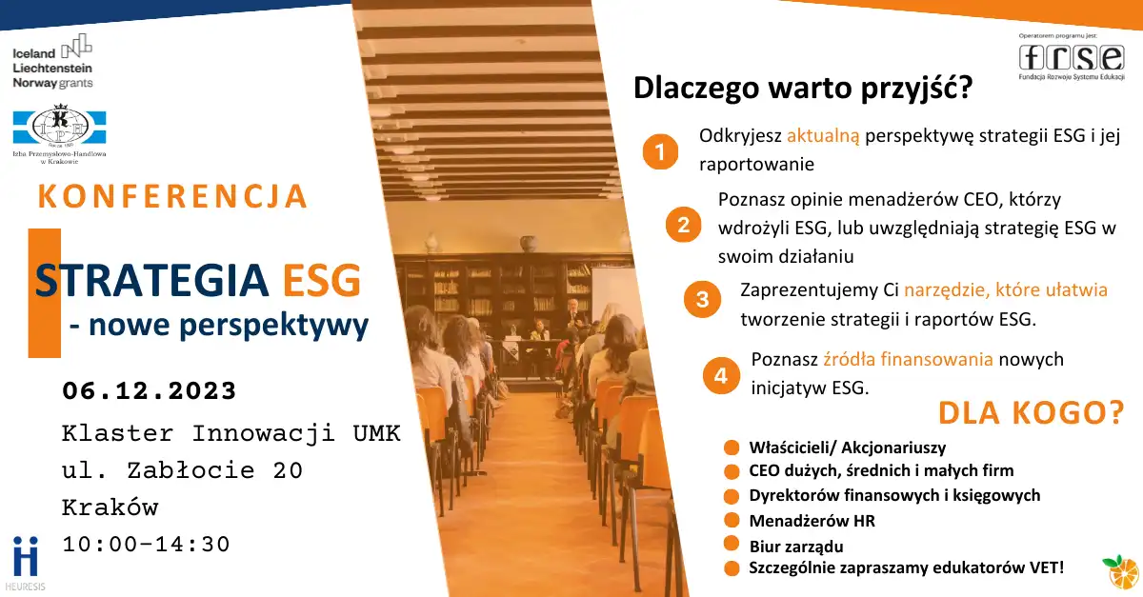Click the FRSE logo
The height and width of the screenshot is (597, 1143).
pos(1072,58)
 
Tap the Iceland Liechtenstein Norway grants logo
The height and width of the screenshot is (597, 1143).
pos(52,61)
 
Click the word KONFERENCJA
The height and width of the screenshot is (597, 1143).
pos(173,196)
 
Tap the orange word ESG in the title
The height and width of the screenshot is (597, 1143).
pos(322,280)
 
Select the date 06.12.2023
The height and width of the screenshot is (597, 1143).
pos(149,391)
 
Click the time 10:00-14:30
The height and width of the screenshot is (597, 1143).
pos(146,545)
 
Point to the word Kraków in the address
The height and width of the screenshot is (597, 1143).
pos(110,507)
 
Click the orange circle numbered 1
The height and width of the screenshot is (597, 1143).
pos(660,151)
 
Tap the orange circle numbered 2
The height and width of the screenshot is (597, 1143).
pos(683,225)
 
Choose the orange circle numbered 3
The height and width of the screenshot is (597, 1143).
pos(703,299)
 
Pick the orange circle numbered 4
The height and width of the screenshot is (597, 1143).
pos(721,375)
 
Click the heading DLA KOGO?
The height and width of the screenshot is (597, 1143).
pos(1032,413)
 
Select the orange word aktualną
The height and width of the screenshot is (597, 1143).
pos(823,136)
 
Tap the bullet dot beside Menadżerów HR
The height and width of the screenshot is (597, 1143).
pos(732,520)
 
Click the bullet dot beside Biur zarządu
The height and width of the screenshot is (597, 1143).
pos(732,544)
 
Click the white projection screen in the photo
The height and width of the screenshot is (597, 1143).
pos(612,296)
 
